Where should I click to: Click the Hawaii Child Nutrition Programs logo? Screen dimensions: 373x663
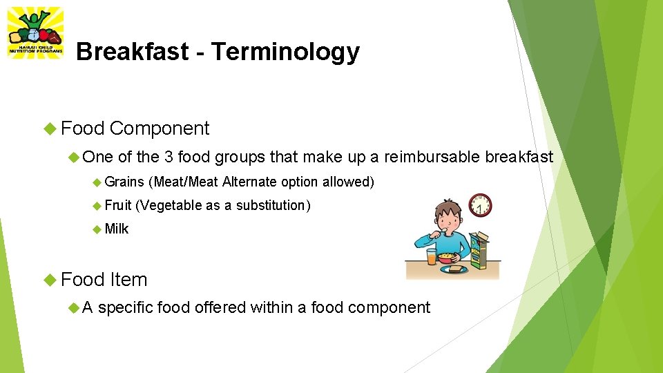(x=35, y=32)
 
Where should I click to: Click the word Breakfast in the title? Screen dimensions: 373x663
(x=131, y=52)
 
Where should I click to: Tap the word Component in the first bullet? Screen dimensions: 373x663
(x=159, y=128)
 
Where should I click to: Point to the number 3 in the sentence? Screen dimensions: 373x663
(x=169, y=157)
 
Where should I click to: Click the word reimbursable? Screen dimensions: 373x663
(x=432, y=157)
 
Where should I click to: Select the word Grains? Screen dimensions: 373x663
(x=124, y=182)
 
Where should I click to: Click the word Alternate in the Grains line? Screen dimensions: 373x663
(x=249, y=182)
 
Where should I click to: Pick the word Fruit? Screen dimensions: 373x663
(x=118, y=206)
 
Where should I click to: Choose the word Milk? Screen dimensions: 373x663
(x=117, y=229)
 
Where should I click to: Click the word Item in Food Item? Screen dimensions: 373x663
(x=128, y=280)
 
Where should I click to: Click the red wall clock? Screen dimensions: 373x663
(x=480, y=205)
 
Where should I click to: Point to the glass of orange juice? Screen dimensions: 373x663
(x=432, y=257)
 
